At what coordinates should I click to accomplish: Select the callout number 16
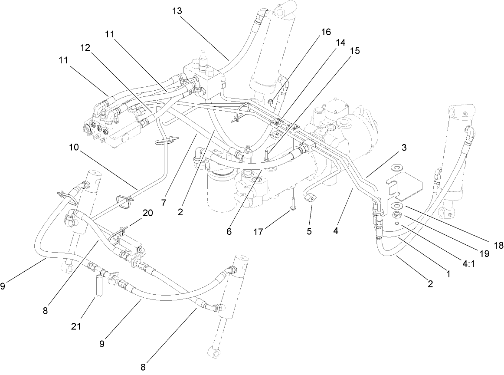coord(326,32)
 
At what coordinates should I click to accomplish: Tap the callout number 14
coord(340,43)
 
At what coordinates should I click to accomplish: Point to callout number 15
coord(355,51)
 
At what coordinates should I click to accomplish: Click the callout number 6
coord(229,231)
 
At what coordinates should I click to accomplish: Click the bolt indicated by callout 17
coord(294,204)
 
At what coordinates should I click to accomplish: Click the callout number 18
coord(498,245)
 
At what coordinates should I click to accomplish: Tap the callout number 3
coord(403,148)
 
